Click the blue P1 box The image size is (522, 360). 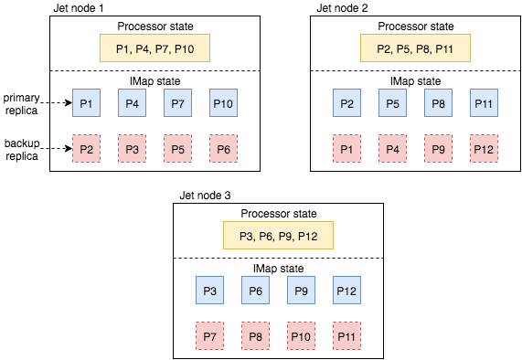(x=87, y=102)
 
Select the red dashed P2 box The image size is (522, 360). (x=87, y=147)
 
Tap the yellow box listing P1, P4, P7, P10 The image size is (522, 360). (x=154, y=48)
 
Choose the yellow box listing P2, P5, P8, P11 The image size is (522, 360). (x=415, y=48)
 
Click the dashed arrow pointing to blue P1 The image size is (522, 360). (x=60, y=102)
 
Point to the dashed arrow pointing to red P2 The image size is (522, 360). (x=60, y=147)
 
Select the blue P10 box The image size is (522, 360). (x=224, y=102)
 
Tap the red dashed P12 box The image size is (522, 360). (x=485, y=147)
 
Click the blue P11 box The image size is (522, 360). (x=485, y=102)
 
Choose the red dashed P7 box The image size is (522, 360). (x=209, y=335)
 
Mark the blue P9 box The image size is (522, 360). (x=301, y=291)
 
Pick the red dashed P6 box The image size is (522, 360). (x=224, y=147)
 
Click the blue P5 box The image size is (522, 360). (x=393, y=102)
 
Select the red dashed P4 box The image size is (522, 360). (x=393, y=147)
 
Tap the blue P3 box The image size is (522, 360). (x=209, y=291)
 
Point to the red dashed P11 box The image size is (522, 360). (x=346, y=335)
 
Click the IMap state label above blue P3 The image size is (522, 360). (x=278, y=269)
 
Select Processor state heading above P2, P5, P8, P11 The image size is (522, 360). (x=415, y=26)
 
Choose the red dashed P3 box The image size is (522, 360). (x=133, y=147)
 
